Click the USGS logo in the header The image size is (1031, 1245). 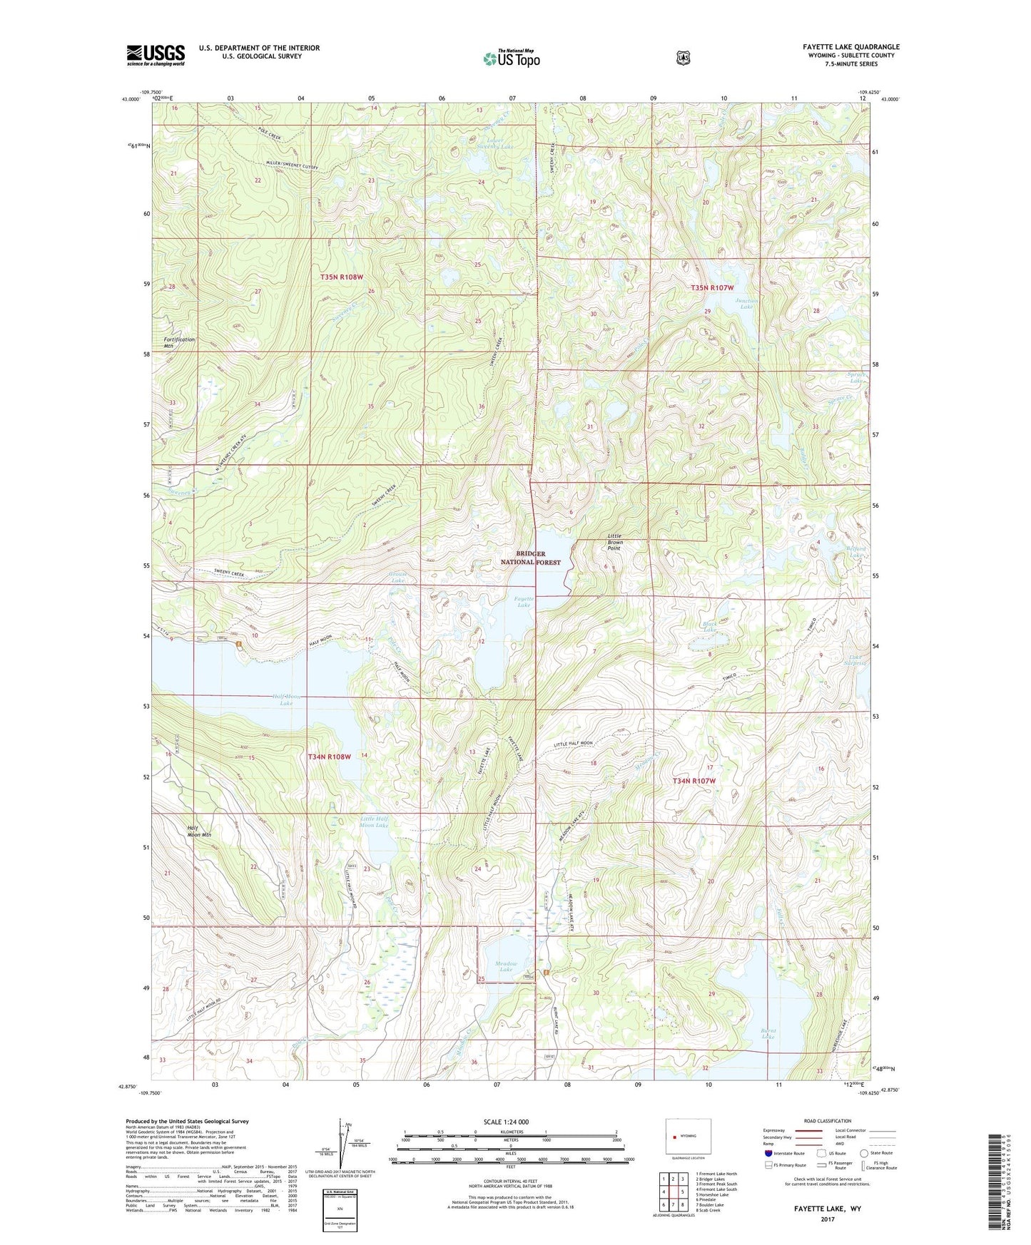pos(156,55)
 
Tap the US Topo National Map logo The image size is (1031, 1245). pos(510,58)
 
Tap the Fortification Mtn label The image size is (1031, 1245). pos(178,342)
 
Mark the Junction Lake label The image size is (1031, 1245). pos(746,303)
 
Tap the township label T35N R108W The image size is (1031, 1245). pos(342,277)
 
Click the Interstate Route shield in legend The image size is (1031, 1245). pos(768,1152)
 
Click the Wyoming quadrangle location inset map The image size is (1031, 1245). pos(688,1137)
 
